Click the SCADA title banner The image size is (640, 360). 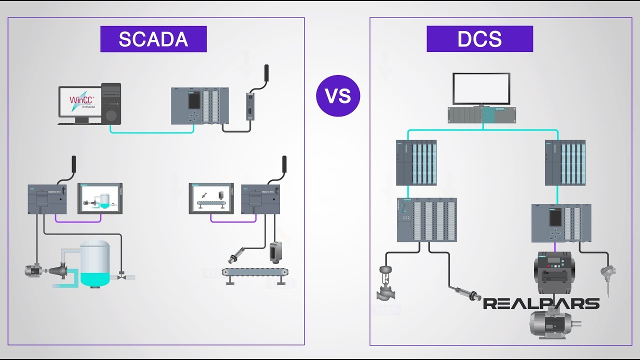[x=153, y=39]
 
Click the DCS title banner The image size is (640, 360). [x=479, y=39]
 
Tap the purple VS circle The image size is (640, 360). [x=338, y=95]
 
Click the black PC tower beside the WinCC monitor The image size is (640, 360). [x=111, y=103]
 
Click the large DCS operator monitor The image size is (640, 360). [x=481, y=88]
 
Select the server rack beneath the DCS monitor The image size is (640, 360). [x=481, y=115]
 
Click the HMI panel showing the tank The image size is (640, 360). [x=100, y=198]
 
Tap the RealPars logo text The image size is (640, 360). [x=541, y=303]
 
